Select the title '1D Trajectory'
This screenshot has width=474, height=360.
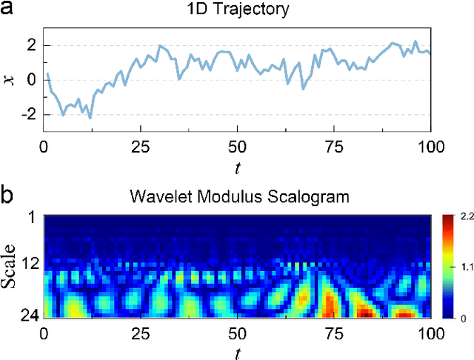tap(237, 11)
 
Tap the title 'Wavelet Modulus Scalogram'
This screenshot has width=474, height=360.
tap(237, 199)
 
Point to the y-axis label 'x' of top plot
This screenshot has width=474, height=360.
tap(10, 79)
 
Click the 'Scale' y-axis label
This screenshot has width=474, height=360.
tap(10, 265)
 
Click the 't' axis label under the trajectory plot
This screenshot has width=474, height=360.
tap(237, 168)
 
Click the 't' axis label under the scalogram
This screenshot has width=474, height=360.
tap(237, 350)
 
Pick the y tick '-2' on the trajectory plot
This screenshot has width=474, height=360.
tap(28, 115)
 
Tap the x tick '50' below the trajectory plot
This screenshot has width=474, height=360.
tap(237, 145)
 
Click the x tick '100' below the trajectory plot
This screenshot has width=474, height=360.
tap(430, 145)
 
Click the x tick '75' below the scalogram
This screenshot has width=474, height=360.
tap(333, 331)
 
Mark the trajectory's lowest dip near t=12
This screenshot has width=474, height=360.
tap(90, 118)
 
